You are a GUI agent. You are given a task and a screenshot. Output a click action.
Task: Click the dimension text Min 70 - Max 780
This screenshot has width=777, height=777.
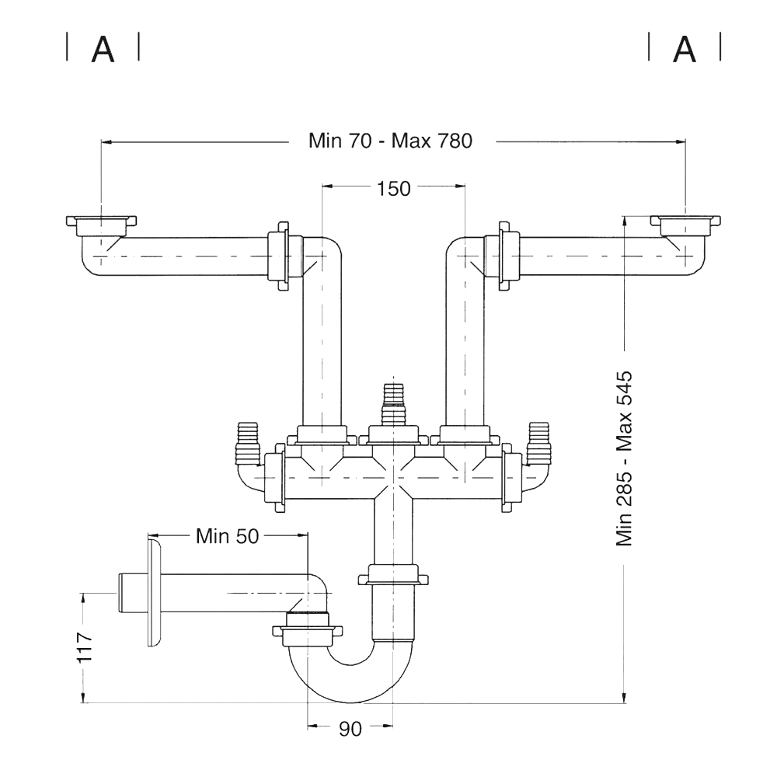coord(391,141)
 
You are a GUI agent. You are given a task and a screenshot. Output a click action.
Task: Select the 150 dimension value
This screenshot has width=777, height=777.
coord(393,189)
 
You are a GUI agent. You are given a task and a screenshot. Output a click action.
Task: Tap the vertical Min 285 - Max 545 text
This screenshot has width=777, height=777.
coord(625,459)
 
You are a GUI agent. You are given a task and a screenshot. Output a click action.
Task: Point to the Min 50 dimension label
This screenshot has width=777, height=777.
coord(227,536)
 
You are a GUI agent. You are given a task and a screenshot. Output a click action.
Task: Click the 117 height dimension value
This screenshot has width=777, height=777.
coord(85,647)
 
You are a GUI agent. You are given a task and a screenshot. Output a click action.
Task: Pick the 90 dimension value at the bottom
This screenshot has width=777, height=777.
coord(350,729)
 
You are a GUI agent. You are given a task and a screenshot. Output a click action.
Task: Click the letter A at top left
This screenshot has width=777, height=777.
coord(103,48)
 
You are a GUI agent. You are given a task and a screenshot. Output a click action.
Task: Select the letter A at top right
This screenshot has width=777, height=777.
coord(685,48)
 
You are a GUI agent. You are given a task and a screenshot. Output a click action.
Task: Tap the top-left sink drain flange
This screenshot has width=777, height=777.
coord(101,225)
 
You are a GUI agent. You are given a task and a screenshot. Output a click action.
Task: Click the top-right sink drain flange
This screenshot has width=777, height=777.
coord(685,225)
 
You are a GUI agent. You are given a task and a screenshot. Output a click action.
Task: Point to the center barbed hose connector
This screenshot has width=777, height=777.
coord(393,404)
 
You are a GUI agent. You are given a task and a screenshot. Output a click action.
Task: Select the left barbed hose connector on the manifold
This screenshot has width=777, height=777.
coord(249,444)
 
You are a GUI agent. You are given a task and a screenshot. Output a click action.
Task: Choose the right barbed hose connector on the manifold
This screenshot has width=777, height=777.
coord(538,444)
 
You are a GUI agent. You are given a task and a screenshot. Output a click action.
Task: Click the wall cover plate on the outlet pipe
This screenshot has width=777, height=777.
coord(154,593)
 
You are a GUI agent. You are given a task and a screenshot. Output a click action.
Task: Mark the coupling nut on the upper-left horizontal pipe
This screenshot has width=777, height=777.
coord(278,256)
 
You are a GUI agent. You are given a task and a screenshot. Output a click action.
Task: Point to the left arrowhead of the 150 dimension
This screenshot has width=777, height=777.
coord(328,186)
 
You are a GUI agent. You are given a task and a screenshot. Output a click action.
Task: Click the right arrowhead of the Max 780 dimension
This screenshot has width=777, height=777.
coord(680,142)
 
